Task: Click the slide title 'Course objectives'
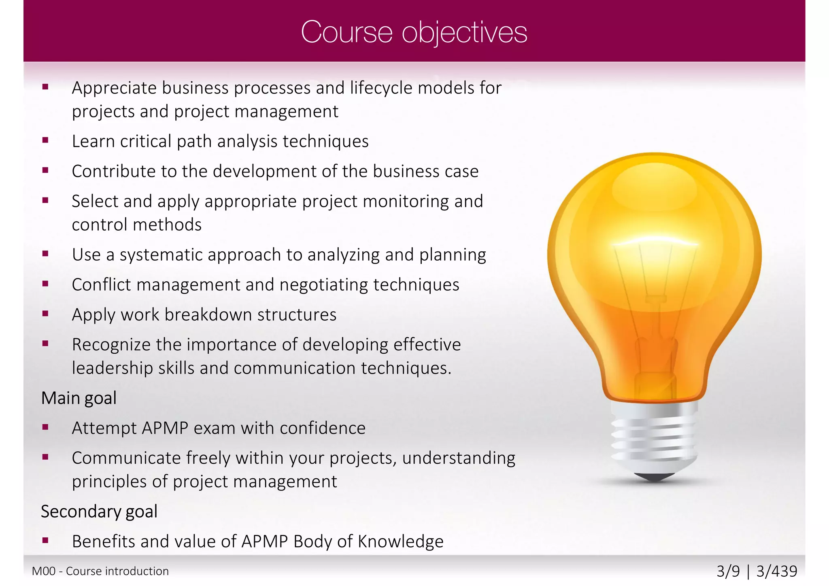(x=414, y=32)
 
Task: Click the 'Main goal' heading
(x=79, y=398)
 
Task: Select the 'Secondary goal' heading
(x=99, y=512)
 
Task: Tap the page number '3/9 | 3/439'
(x=757, y=571)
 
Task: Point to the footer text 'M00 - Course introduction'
(x=100, y=571)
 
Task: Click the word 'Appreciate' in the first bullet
(x=114, y=88)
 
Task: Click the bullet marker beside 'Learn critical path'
(x=45, y=140)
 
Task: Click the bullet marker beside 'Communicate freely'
(x=45, y=457)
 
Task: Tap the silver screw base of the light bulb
(x=654, y=437)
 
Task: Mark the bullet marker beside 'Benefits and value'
(x=45, y=540)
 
